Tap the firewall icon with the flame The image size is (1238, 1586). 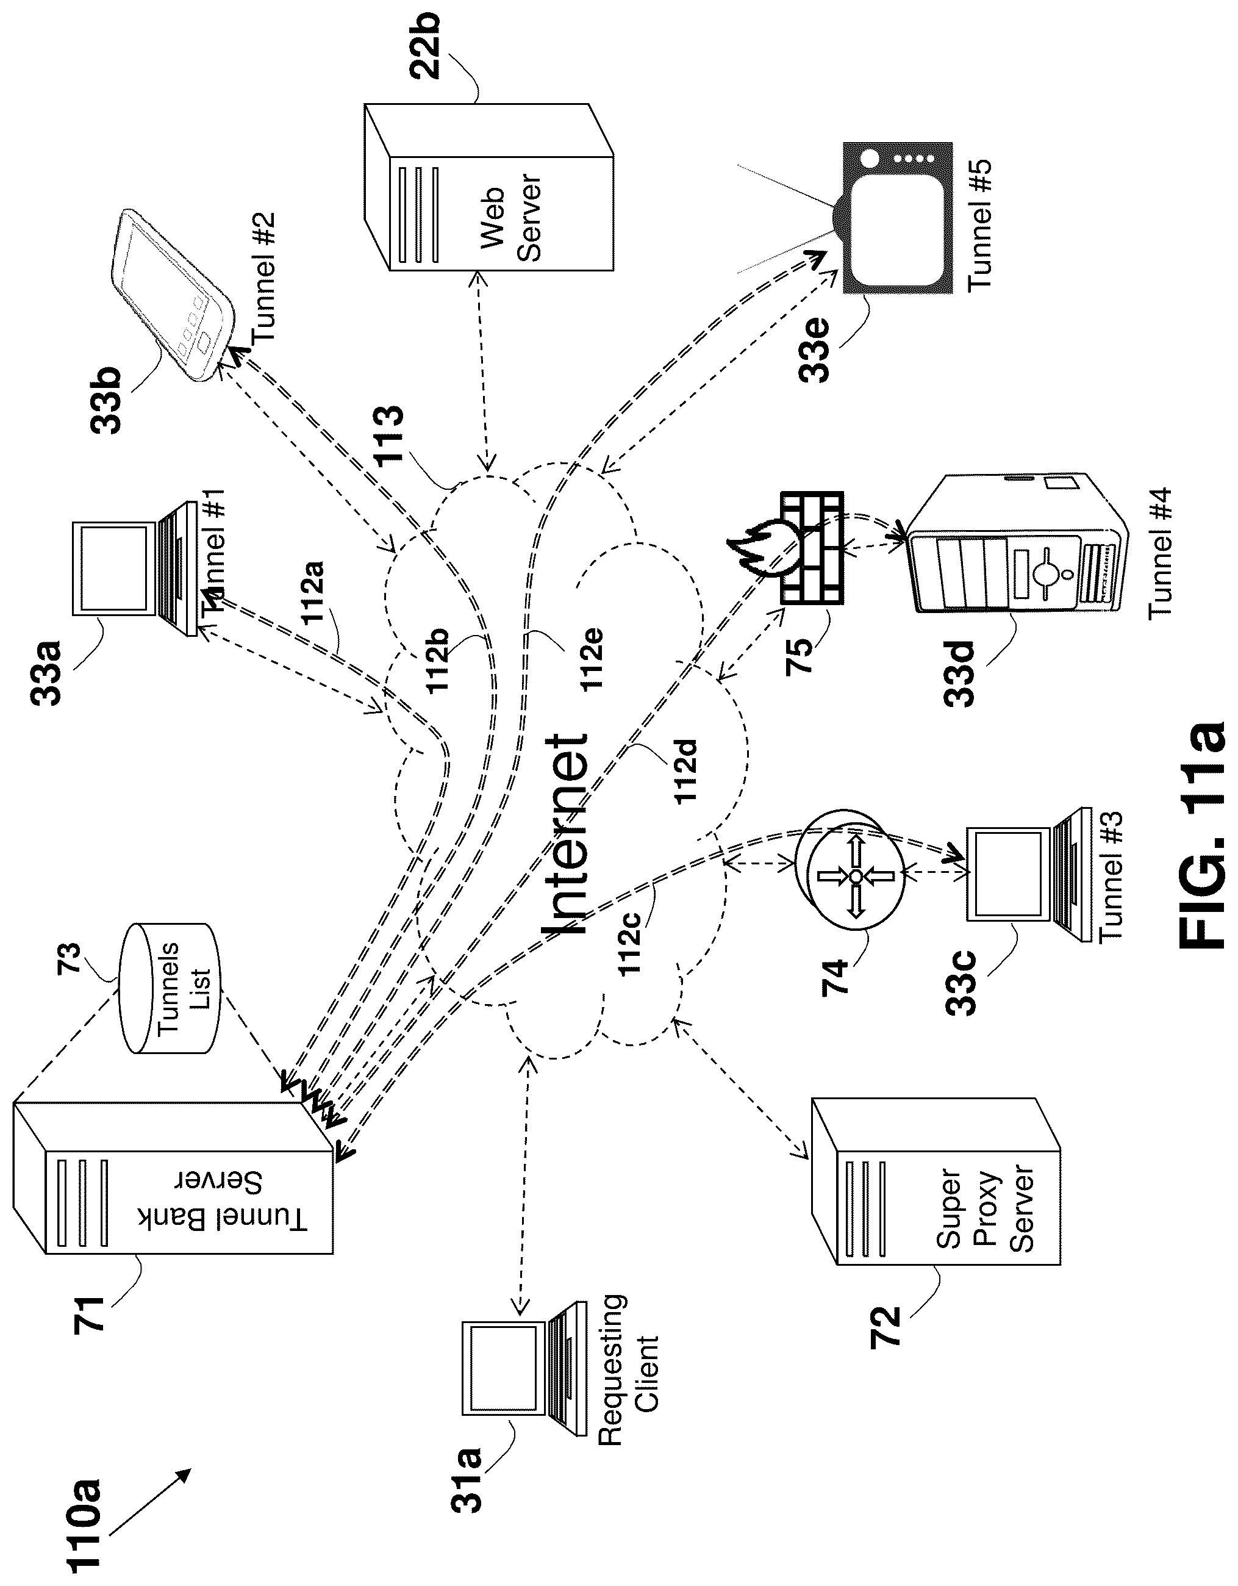tap(787, 549)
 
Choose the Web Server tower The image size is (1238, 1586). tap(488, 187)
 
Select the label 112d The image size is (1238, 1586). tap(686, 770)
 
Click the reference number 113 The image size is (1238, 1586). tap(388, 436)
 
